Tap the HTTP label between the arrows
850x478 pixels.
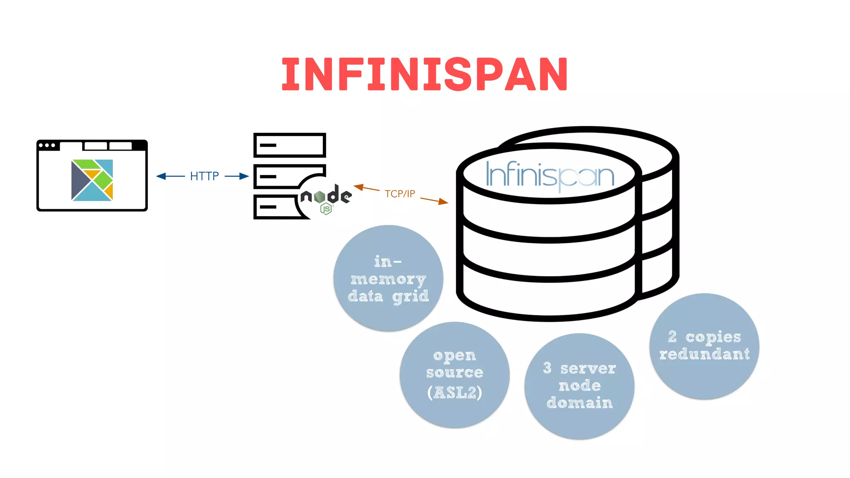[204, 176]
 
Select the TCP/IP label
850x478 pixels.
[400, 194]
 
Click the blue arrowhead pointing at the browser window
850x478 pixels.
[161, 176]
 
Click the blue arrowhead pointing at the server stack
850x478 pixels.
[244, 176]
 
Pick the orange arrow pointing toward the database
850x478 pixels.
[442, 202]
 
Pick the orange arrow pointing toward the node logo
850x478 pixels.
[359, 187]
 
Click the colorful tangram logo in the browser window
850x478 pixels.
[92, 180]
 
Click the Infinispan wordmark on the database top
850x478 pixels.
[550, 176]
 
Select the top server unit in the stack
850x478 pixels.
[290, 145]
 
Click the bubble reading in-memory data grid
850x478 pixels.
[388, 278]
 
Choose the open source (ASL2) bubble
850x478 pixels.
[454, 375]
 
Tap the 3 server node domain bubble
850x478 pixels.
[579, 386]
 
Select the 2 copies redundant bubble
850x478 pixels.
[704, 346]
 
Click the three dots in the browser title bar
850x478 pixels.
[47, 145]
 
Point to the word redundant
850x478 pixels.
[704, 354]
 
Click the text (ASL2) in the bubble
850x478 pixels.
[454, 393]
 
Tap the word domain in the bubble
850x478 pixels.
[579, 403]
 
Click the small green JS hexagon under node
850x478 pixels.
[326, 209]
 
